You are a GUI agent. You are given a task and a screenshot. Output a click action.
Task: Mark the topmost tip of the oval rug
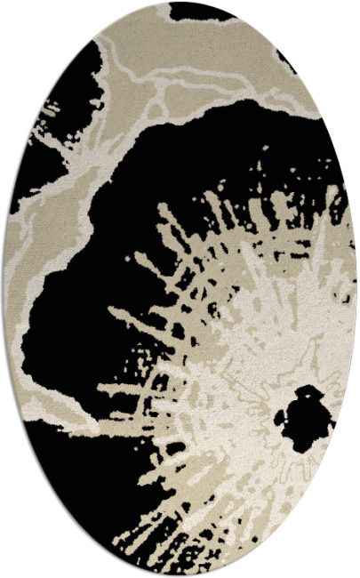[180, 2]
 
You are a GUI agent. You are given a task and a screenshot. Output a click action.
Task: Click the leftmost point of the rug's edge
[3, 289]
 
